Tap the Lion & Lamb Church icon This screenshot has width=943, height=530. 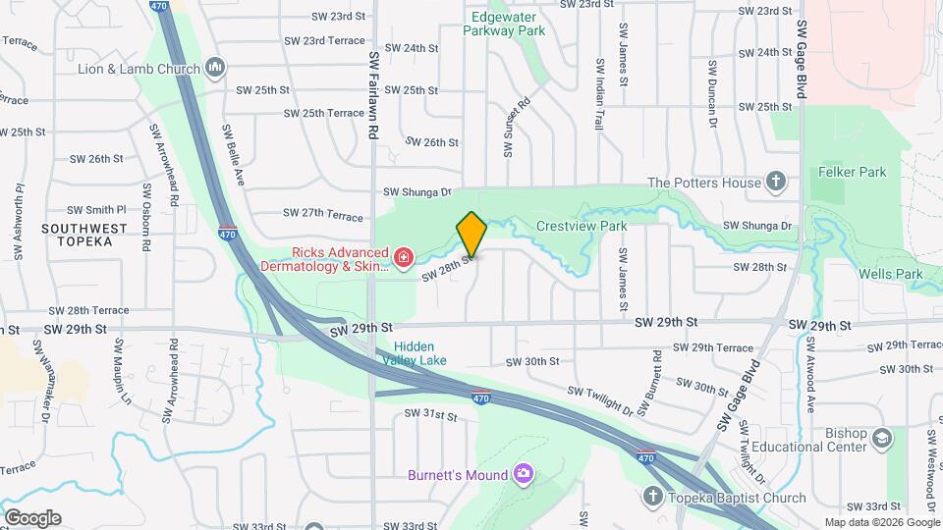(x=216, y=68)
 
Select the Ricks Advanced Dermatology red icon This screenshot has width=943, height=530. (x=403, y=257)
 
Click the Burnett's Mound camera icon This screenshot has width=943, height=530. (x=524, y=475)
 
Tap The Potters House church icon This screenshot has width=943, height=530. (x=776, y=182)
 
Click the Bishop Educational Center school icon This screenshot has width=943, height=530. (x=881, y=438)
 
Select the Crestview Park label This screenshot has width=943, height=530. (x=582, y=226)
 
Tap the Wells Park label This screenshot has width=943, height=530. (x=889, y=273)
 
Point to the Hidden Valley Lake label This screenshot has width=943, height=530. (x=420, y=353)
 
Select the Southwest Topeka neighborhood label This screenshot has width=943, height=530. (x=84, y=235)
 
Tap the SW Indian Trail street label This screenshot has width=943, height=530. (x=599, y=94)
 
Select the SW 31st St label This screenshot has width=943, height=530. (x=431, y=416)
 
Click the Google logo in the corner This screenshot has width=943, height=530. (x=31, y=518)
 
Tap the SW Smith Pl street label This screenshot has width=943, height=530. (x=96, y=209)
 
